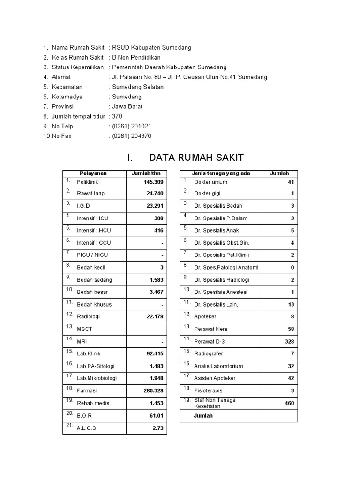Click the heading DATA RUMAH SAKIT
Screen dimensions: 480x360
tap(185, 157)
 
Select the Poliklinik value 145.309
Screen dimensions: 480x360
tap(154, 182)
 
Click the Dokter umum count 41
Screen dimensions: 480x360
tap(291, 182)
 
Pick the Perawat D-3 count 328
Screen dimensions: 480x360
tap(290, 342)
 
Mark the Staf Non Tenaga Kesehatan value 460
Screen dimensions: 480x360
tap(290, 403)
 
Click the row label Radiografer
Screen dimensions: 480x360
tap(209, 354)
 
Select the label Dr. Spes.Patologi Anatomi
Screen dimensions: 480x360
tap(226, 268)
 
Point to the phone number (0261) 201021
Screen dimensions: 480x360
tap(131, 126)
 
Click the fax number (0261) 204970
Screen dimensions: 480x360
tap(131, 136)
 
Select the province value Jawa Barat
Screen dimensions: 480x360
tap(127, 106)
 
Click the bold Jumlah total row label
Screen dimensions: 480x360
tap(203, 415)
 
